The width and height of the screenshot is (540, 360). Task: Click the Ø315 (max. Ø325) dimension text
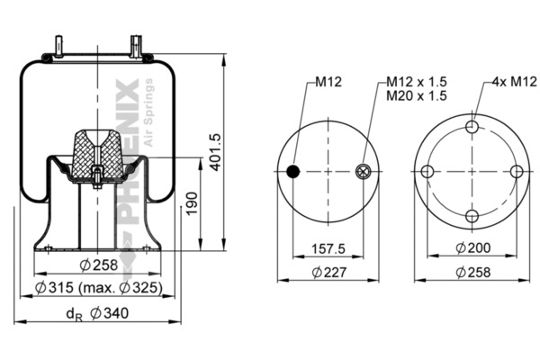point(99,288)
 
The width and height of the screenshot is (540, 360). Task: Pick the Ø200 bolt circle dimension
point(472,248)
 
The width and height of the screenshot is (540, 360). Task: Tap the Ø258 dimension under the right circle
point(472,272)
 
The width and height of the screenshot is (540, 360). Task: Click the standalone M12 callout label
point(327,82)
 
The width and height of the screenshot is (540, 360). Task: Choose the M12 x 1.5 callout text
point(416,82)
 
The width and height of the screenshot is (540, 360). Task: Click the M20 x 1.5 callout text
point(416,95)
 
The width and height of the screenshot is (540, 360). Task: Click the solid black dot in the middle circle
point(292,171)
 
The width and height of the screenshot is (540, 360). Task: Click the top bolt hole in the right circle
point(472,128)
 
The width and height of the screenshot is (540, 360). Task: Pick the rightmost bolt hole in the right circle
point(516,171)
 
